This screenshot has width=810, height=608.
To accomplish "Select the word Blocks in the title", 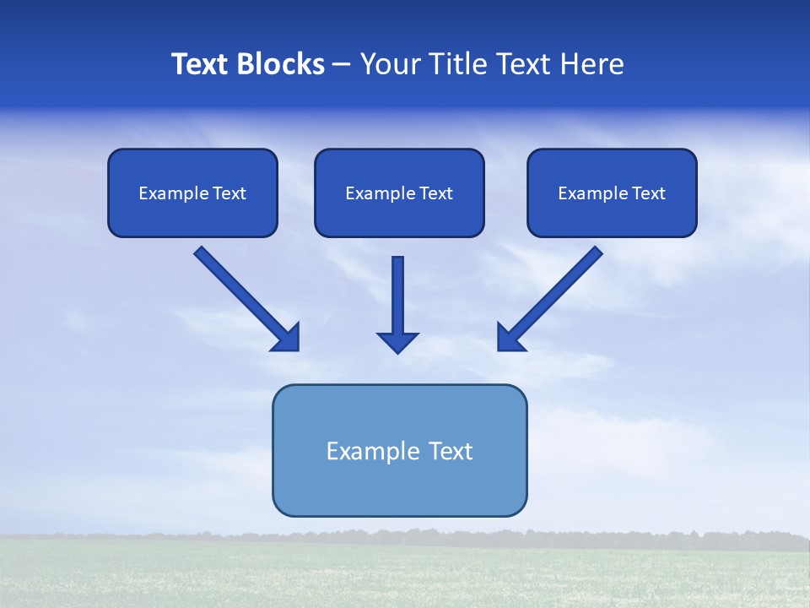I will coord(283,64).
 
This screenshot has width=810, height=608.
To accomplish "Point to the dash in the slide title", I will coord(342,65).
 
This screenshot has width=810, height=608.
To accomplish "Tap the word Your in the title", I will coord(389,64).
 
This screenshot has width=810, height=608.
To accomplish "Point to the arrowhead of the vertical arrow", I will coord(397,341).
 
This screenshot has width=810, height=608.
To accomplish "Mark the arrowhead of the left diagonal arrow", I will coord(287,338).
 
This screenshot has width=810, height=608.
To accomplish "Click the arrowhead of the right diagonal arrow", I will coord(510,338).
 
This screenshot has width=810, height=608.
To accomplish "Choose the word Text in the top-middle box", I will coord(435,193).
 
